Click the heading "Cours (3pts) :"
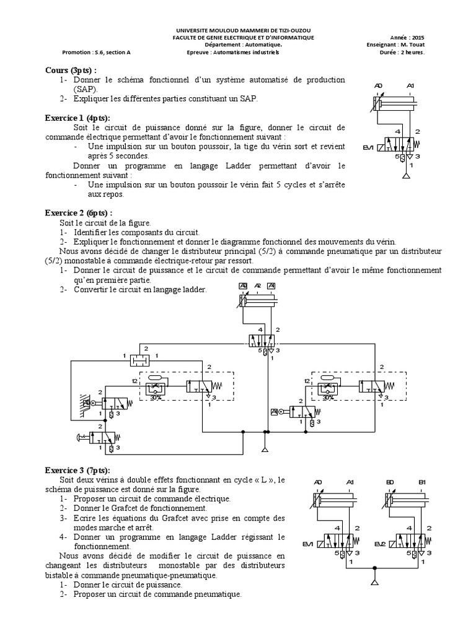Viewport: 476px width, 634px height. coord(71,70)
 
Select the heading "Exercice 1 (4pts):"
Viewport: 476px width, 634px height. coord(77,117)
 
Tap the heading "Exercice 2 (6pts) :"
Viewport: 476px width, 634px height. coord(79,212)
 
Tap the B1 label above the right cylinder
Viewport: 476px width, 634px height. coord(422,483)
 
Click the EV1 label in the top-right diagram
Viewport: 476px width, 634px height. coord(369,147)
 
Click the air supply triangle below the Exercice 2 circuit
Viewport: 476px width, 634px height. coord(265,449)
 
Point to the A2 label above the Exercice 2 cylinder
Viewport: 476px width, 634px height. coord(258,285)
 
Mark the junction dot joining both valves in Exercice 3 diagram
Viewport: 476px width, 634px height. coord(373,566)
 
